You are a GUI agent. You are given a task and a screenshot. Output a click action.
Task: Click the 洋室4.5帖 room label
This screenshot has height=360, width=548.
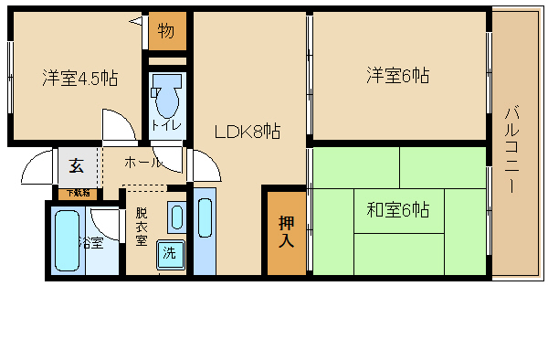pyautogui.click(x=79, y=78)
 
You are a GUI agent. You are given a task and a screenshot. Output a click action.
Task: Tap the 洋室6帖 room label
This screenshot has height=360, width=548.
pyautogui.click(x=398, y=75)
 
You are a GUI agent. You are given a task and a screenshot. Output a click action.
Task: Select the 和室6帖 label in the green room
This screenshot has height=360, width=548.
pyautogui.click(x=398, y=210)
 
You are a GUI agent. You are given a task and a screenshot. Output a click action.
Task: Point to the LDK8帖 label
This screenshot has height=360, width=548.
pyautogui.click(x=247, y=132)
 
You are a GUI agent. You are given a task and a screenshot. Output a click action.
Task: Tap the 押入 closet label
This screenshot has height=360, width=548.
pyautogui.click(x=285, y=232)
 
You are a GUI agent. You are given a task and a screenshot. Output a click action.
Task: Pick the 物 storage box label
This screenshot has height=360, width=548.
pyautogui.click(x=166, y=32)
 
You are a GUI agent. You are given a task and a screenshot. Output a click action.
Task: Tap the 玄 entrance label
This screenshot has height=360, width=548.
pyautogui.click(x=77, y=166)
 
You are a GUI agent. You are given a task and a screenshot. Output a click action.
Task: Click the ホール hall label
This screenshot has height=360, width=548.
pyautogui.click(x=142, y=162)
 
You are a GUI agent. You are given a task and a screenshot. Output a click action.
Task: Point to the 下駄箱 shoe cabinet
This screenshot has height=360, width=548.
pyautogui.click(x=77, y=193)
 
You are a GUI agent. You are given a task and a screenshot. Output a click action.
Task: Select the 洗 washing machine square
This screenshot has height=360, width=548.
pyautogui.click(x=170, y=253)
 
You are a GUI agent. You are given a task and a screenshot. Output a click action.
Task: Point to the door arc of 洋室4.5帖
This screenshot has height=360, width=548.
pyautogui.click(x=117, y=125)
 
